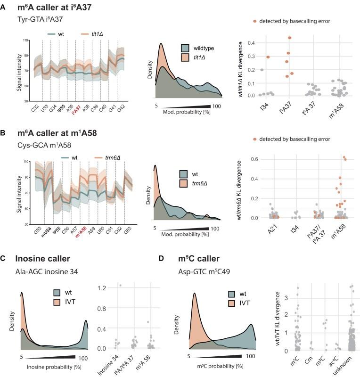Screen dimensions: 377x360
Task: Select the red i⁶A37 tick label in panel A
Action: tap(77, 107)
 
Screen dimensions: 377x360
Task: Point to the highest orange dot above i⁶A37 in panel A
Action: tap(289, 38)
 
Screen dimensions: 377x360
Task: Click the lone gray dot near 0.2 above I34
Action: tap(262, 70)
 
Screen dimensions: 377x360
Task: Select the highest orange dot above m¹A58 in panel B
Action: tap(344, 157)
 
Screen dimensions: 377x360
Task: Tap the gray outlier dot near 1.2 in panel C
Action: tap(121, 285)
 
